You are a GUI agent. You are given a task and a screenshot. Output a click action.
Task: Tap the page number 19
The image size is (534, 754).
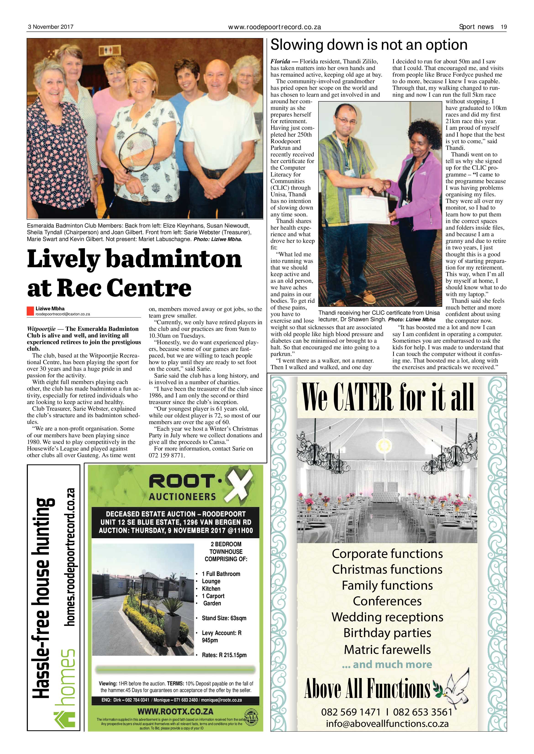504,27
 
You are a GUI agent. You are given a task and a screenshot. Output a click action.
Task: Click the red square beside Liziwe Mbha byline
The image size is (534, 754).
31,311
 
